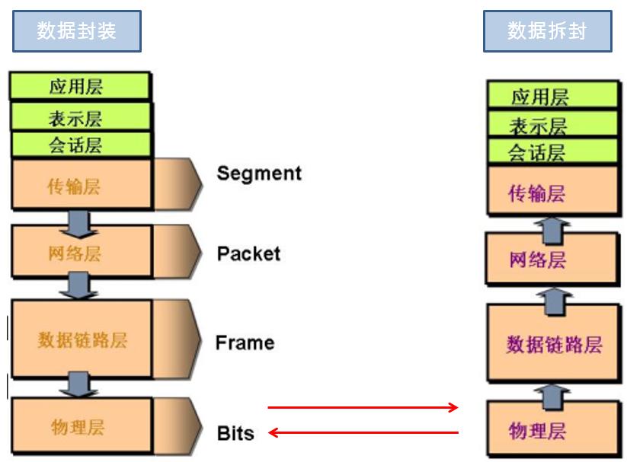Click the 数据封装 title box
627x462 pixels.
tap(76, 31)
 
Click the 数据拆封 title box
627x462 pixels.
tap(547, 31)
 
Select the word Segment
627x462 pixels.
tap(259, 174)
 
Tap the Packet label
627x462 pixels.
tap(249, 253)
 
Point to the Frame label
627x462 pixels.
tap(245, 343)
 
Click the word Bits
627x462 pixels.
tap(235, 434)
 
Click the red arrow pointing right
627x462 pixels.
tap(363, 408)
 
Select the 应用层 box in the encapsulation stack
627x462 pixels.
tap(80, 86)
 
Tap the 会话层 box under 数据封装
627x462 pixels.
tap(80, 145)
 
